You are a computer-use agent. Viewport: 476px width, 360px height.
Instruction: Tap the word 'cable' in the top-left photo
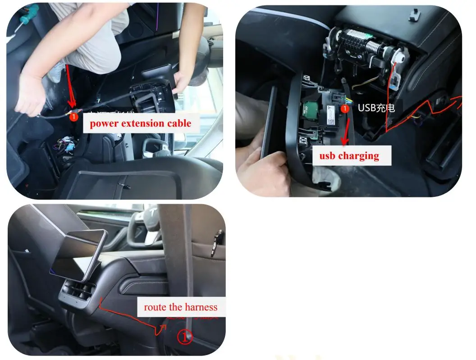(x=179, y=123)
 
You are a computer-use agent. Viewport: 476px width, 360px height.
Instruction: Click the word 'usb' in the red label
(x=327, y=156)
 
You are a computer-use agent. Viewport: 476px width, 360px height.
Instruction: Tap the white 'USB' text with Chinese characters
(x=376, y=108)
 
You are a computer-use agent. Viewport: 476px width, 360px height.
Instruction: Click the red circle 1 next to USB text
(x=345, y=109)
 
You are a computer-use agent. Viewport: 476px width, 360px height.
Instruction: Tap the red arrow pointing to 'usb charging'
(x=346, y=131)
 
